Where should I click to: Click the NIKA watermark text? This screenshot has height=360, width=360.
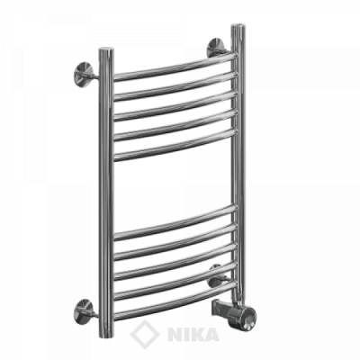[x=193, y=335]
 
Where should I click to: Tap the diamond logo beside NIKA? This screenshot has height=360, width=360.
[x=145, y=334]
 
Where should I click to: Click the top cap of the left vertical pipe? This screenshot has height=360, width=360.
[x=106, y=49]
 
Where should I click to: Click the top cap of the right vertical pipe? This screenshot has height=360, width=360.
[x=238, y=26]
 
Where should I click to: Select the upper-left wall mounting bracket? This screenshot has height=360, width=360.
[x=85, y=75]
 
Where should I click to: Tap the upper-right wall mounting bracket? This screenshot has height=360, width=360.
[x=217, y=48]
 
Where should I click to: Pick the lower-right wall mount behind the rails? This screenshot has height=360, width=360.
[x=218, y=277]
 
